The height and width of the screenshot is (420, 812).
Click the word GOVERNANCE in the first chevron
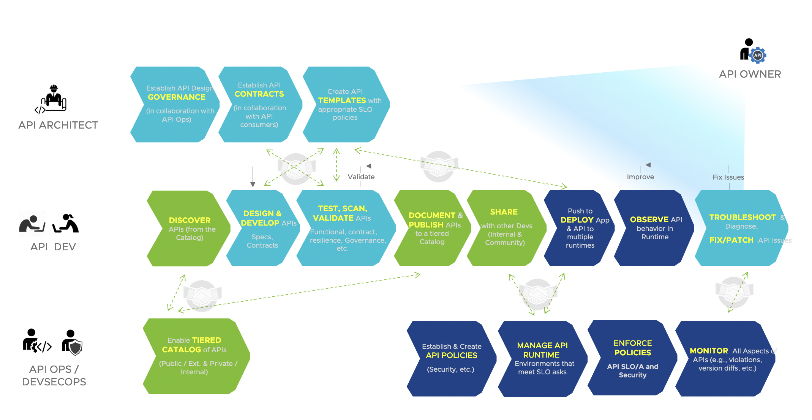[x=177, y=97]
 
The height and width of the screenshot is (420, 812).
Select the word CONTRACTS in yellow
[x=259, y=94]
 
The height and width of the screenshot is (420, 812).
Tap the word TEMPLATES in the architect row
[x=342, y=100]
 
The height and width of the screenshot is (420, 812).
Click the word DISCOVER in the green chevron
[x=190, y=220]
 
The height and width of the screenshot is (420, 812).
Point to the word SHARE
[x=504, y=212]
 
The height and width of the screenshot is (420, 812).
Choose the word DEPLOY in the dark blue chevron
[x=577, y=220]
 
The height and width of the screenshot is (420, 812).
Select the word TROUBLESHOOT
[x=742, y=217]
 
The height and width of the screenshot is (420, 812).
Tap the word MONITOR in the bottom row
[x=709, y=351]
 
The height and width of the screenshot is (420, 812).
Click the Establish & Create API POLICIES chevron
[x=451, y=358]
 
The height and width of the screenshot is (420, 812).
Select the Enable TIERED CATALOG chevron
[x=194, y=356]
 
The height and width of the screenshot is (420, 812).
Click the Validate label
[x=361, y=177]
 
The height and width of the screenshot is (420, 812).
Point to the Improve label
[x=640, y=177]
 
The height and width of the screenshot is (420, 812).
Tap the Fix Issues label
[x=728, y=177]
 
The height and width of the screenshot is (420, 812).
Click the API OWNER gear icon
[x=758, y=55]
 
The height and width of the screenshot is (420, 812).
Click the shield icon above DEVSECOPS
[x=76, y=347]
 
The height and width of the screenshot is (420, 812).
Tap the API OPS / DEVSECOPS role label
[x=54, y=375]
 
